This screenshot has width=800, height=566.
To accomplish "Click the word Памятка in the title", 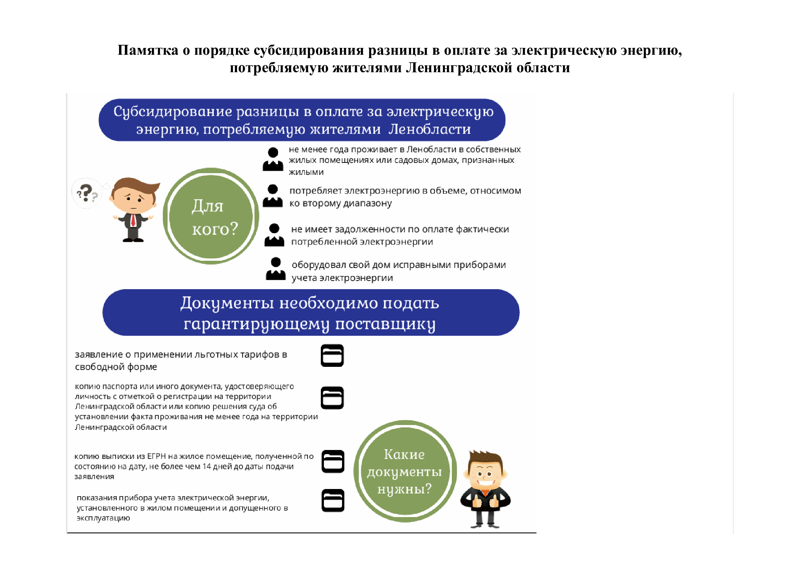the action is click(148, 50).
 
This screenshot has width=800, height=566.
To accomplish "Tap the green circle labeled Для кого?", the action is click(211, 216).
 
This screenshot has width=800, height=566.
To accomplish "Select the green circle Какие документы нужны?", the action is click(405, 471).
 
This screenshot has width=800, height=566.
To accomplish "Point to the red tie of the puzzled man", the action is click(133, 220).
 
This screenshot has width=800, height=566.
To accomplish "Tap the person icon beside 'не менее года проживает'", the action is click(273, 159).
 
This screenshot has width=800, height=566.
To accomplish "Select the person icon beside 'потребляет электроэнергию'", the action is click(273, 196).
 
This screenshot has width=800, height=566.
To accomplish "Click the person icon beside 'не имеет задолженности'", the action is click(274, 235).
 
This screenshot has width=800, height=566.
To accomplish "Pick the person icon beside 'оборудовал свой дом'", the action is click(276, 269).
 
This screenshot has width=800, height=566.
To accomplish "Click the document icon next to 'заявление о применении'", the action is click(332, 356).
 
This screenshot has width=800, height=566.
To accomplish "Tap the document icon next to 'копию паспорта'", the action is click(332, 398).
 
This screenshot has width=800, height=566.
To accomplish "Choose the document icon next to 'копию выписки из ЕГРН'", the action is click(333, 461).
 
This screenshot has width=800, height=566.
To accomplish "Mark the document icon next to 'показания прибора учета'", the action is click(333, 501).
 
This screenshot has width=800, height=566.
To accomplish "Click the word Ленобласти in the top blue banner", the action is click(429, 129).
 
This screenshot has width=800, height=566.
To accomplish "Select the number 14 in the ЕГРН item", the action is click(207, 466).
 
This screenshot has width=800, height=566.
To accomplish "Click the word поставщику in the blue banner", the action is click(385, 324).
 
